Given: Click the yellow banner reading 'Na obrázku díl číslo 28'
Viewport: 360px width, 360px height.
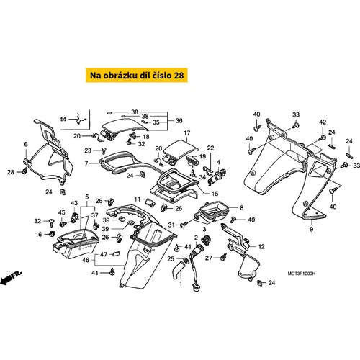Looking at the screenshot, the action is (x=137, y=76).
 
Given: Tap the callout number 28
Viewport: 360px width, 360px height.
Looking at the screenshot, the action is (x=11, y=172).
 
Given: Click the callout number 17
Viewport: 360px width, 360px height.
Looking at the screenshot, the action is (x=187, y=132).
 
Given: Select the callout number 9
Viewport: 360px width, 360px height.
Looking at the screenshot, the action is (x=311, y=229).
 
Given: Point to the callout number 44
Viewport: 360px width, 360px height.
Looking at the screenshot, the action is (x=63, y=119).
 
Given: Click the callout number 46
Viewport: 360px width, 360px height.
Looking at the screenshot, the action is (x=86, y=260).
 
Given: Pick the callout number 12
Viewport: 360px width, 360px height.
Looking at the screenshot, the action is (x=261, y=246).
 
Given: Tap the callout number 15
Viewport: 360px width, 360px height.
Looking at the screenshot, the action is (x=215, y=194).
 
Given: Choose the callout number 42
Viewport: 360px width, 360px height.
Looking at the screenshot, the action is (x=323, y=122).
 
